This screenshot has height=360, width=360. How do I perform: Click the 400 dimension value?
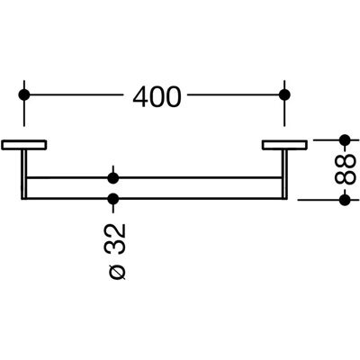point(157,96)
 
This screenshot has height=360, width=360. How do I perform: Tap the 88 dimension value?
point(345,169)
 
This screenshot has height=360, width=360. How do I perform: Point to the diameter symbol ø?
point(116,271)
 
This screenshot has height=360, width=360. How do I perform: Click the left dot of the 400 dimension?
point(24,94)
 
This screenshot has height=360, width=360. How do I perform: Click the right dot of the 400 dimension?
point(284,94)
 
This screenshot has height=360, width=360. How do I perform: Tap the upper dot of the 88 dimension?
point(345,139)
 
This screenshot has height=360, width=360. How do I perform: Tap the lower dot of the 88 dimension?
point(345,200)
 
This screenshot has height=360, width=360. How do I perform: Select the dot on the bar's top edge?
point(113,178)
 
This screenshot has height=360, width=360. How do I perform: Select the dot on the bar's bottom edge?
point(113,199)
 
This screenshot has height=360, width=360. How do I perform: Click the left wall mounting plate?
point(24,145)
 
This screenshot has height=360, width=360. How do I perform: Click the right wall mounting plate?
point(284,145)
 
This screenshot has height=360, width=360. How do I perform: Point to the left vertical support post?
point(24,175)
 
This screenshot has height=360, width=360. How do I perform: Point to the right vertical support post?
point(284,175)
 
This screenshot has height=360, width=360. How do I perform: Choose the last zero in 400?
point(174,97)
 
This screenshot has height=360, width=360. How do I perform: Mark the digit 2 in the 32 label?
point(116,230)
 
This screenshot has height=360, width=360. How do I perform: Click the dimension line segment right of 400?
point(233,94)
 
